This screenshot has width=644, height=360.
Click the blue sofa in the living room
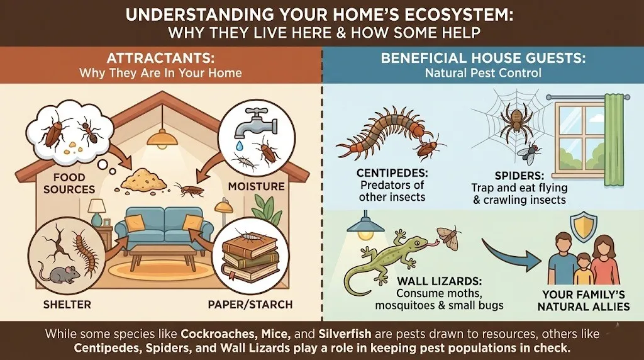coord(164,226)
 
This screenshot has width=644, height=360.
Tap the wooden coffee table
coord(164,255)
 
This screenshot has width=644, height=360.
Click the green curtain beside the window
coord(614,140)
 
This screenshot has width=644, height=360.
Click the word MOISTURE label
coord(257,186)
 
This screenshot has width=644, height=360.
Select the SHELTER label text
coord(67,305)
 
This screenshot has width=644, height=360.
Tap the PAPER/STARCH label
coord(250,305)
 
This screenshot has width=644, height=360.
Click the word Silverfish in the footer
coord(345,334)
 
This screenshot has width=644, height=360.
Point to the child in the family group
coord(582,269)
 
